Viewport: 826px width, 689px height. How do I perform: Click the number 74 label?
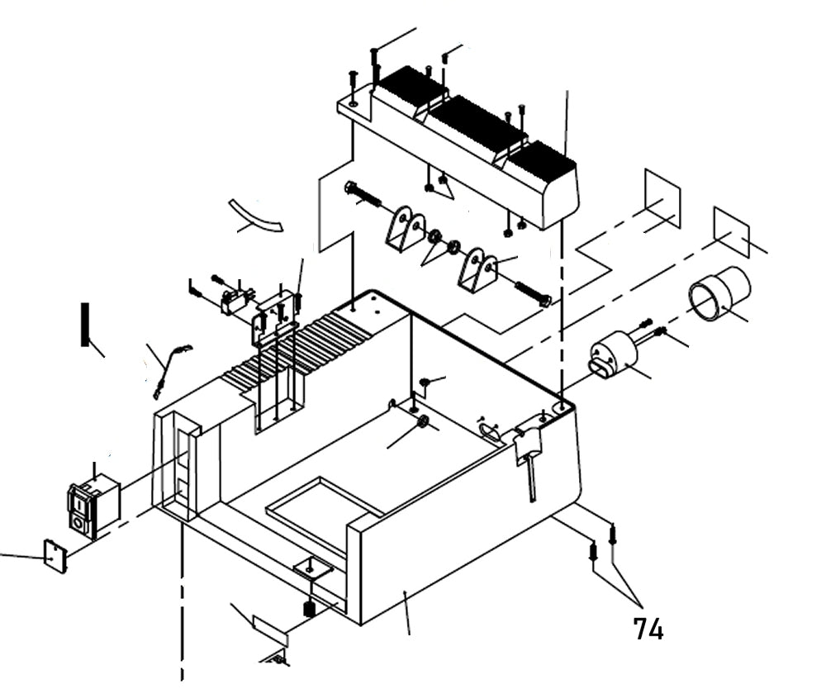point(648,630)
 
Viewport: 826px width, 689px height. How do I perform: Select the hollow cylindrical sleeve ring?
point(719,293)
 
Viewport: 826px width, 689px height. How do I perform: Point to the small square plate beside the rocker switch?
point(55,555)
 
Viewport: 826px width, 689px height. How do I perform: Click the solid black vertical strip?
point(84,325)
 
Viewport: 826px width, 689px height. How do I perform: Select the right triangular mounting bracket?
point(478,268)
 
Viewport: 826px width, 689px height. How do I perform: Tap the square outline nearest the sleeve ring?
point(731,230)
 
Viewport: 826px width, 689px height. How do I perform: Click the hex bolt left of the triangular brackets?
point(363,194)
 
